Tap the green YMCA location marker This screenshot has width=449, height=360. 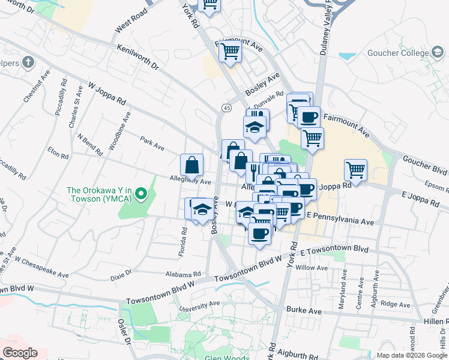click(140, 193)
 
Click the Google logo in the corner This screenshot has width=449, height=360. click(20, 353)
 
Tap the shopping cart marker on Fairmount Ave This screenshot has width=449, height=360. click(230, 52)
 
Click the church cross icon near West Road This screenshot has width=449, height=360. click(28, 62)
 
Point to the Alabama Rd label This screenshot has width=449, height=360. click(184, 272)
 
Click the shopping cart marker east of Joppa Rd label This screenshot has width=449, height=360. click(355, 170)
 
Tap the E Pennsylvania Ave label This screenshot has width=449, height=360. click(340, 218)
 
